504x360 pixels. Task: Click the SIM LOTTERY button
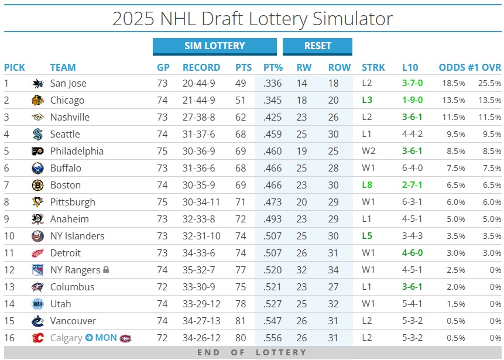pos(214,46)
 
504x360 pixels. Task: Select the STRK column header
pos(373,67)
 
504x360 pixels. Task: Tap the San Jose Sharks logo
pos(37,83)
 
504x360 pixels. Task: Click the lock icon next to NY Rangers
pos(106,270)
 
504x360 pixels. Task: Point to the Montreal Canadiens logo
pos(125,338)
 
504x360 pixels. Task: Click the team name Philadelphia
pos(77,151)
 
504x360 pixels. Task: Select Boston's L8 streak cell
pos(367,185)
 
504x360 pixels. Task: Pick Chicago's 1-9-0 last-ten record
pos(412,100)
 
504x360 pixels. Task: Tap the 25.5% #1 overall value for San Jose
pos(489,83)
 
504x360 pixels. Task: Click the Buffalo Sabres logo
pos(37,168)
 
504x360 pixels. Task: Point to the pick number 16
pos(9,338)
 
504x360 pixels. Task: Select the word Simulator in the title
pos(351,19)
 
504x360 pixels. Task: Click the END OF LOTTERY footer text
pos(252,352)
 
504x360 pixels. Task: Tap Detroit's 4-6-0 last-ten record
pos(412,253)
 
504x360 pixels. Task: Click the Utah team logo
pos(37,304)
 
